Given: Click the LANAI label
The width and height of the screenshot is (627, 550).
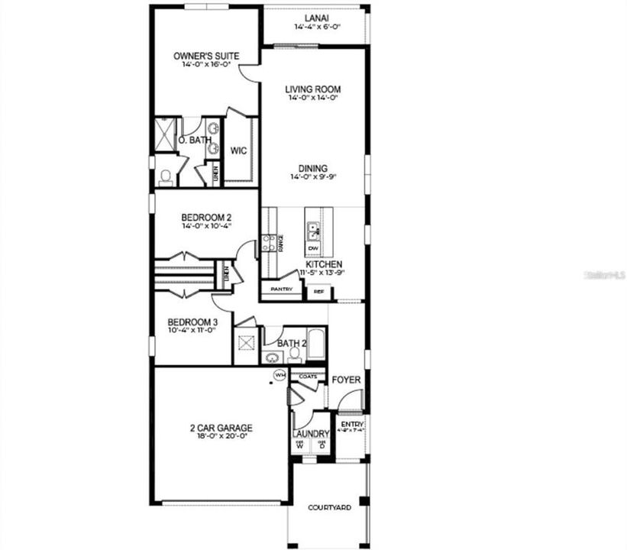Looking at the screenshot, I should coord(312,18).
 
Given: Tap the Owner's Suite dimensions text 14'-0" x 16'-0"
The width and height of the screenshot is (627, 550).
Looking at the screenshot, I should coord(206,66).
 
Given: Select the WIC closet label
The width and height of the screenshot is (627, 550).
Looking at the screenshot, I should coord(238,150).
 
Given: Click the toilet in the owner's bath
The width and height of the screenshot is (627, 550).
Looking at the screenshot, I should coord(166,176).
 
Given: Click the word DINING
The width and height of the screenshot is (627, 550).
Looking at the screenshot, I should coord(313,168).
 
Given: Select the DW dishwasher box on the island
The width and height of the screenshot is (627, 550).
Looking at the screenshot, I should coord(313,248).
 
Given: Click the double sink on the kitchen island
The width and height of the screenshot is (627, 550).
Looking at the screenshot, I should coord(313,228).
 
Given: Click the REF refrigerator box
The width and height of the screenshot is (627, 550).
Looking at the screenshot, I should coord(317,291).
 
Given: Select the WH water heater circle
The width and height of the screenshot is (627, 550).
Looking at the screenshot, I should coord(280,375).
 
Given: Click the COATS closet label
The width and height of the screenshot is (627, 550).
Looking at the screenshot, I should coord(308,377).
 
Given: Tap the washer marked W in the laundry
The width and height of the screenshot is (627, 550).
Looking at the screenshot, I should coord(300,445).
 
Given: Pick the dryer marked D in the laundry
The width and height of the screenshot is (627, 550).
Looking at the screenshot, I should coord(322,445).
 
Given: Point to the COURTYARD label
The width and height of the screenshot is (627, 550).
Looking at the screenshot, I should coord(329,507).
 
